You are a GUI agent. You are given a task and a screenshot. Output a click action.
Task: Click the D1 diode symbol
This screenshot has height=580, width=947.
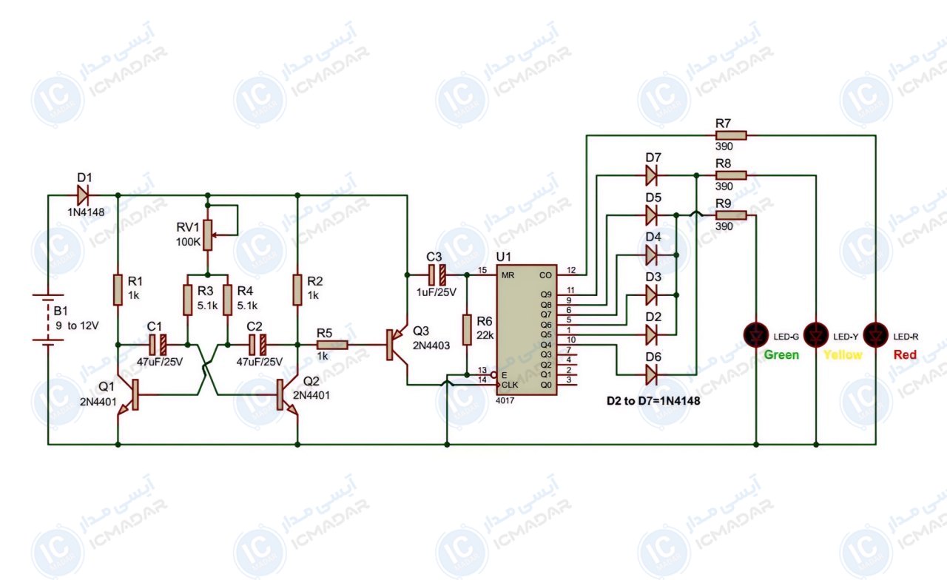pos(83,195)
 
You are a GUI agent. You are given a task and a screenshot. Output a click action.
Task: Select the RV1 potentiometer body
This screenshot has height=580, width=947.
pos(208,235)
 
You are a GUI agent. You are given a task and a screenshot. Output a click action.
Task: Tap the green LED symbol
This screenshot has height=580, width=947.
pos(756,335)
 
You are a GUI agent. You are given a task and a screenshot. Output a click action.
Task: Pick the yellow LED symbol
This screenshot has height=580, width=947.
pos(816,335)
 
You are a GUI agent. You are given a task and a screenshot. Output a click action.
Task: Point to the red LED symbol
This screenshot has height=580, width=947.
pos(875,335)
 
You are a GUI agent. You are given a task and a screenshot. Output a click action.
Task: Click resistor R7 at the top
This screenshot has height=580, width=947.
pos(731,135)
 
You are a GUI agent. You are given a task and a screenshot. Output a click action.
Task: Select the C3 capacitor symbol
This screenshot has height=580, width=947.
pos(437,275)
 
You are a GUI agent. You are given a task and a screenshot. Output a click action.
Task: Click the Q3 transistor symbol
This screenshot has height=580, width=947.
pos(397,345)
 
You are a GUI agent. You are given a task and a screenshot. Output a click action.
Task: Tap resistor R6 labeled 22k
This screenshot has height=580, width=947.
pos(467,330)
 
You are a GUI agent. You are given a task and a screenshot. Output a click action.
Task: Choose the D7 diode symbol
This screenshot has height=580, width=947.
pos(652,175)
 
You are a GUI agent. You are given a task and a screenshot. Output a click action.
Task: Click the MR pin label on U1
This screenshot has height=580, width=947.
pos(508,275)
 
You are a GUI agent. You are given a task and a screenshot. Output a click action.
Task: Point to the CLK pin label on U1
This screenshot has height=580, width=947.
pos(510,385)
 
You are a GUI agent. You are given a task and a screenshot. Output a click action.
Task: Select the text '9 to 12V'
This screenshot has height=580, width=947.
pos(77,326)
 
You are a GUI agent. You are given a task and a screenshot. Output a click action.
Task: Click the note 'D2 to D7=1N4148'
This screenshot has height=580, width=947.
pos(653,401)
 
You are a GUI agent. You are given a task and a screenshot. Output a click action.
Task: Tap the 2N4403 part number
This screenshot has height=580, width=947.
pos(431,345)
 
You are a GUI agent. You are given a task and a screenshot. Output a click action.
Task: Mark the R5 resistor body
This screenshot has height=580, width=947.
pos(332,345)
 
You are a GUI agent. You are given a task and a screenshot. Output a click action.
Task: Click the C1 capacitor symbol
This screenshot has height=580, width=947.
pos(158,345)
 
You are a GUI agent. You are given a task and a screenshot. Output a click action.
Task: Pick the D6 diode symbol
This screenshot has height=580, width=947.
pos(652,374)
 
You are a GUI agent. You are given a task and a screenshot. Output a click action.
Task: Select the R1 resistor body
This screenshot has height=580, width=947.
pos(118,289)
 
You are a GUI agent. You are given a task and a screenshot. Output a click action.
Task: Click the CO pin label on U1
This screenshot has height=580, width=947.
pos(545,275)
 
